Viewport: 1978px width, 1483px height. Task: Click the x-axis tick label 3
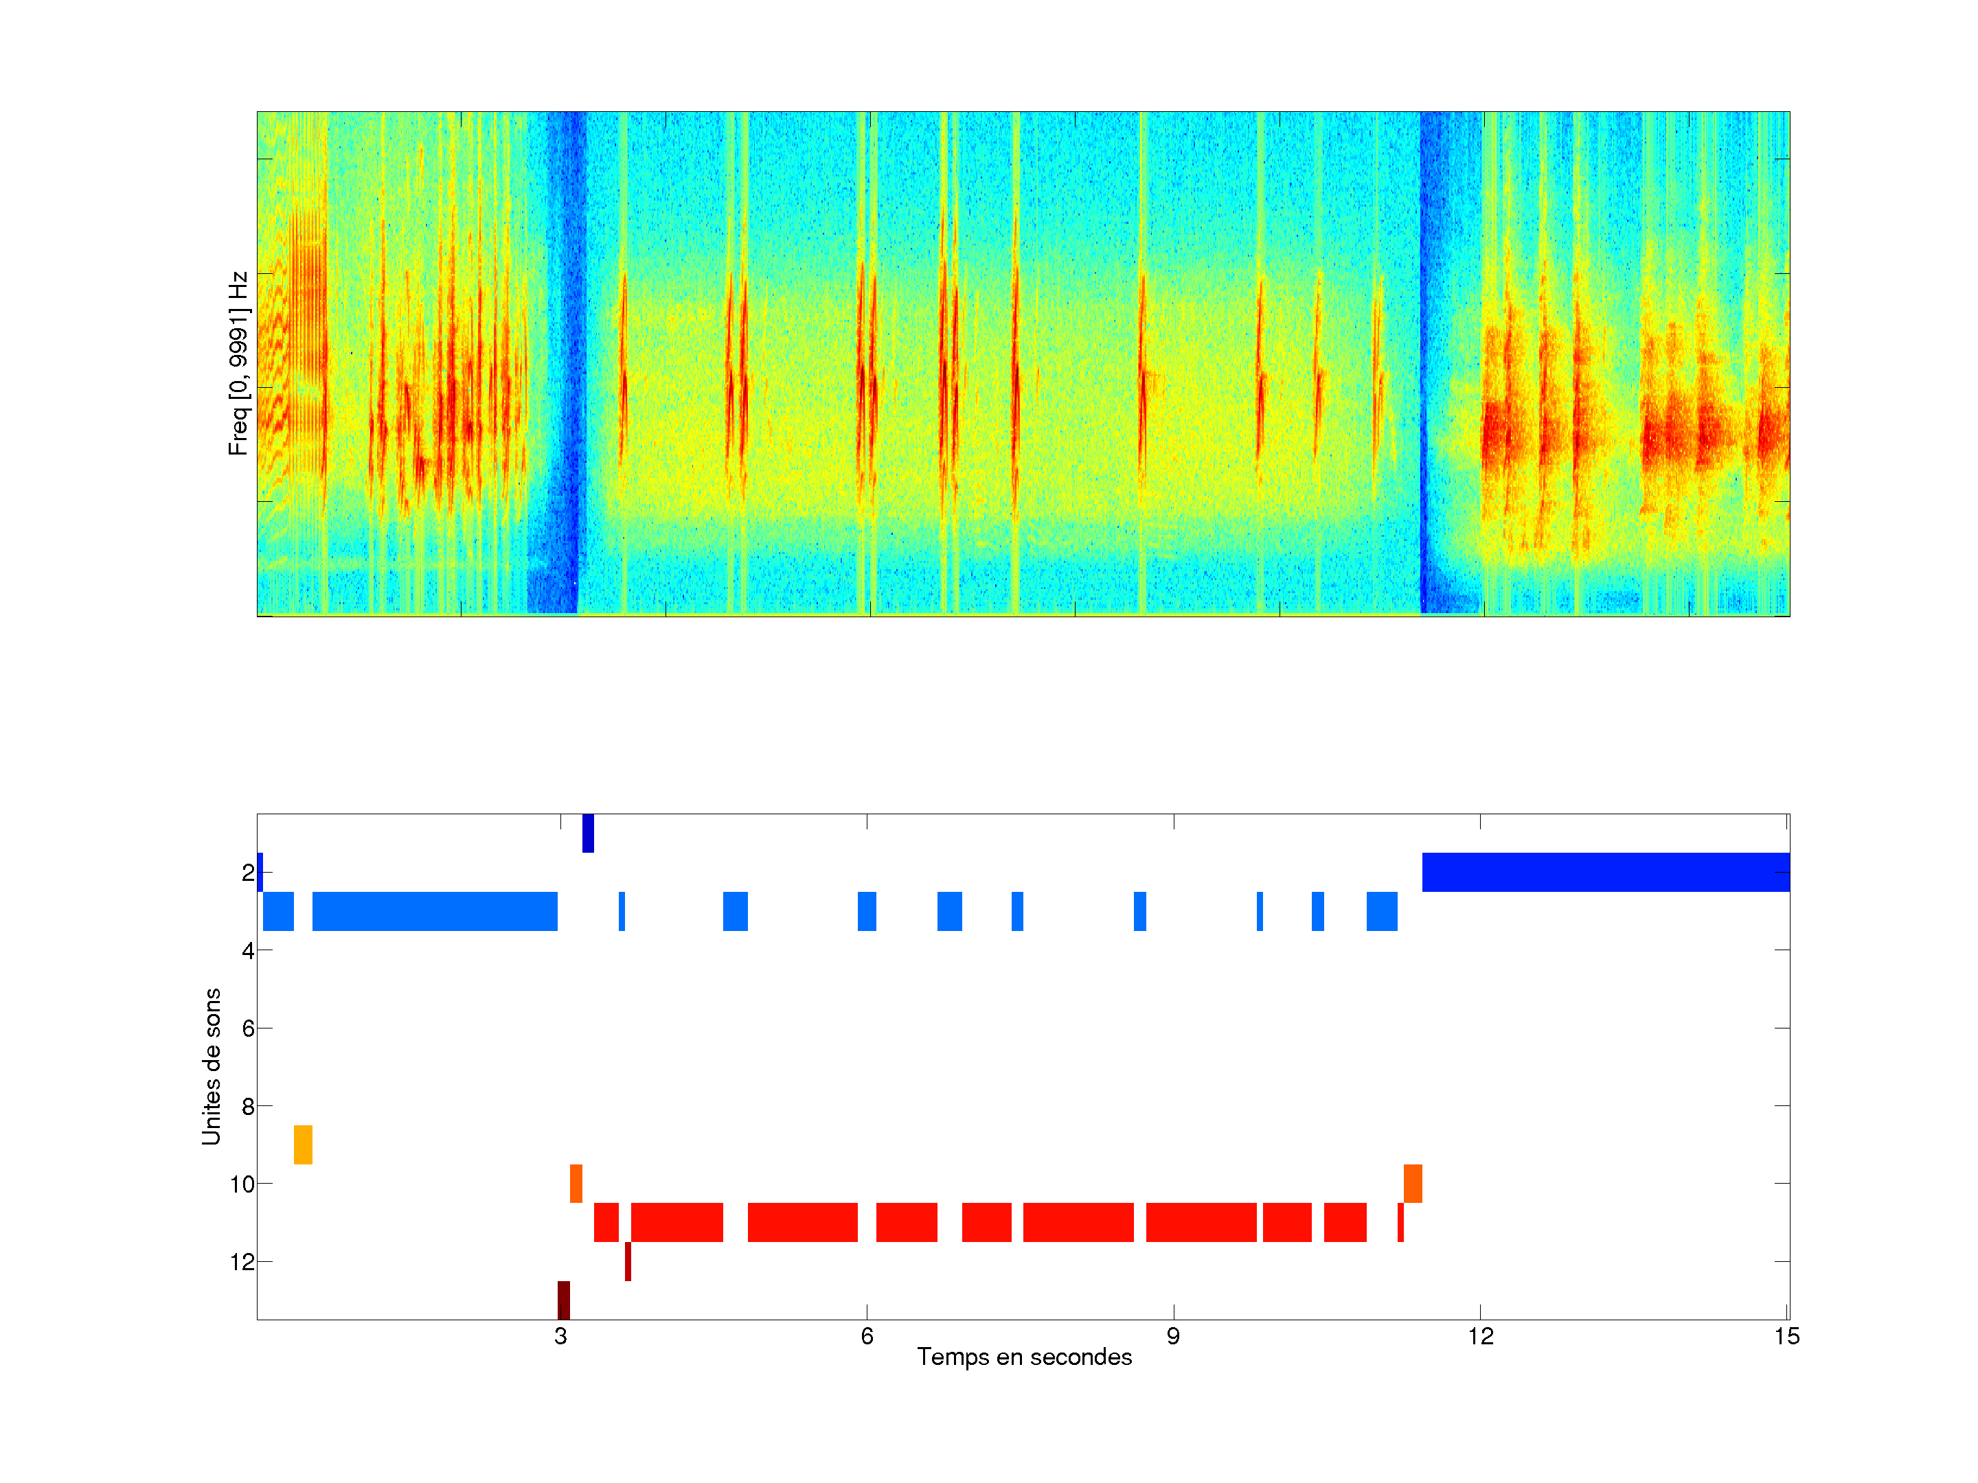click(560, 1336)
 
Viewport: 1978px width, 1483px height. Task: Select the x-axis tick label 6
click(867, 1336)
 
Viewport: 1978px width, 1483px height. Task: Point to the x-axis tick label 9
click(1173, 1336)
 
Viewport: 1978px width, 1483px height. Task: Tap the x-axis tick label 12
click(1480, 1336)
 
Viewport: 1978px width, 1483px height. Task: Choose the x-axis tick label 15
click(1786, 1336)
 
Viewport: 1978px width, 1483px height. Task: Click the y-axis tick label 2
click(248, 873)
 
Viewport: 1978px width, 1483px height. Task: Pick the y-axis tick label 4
click(248, 951)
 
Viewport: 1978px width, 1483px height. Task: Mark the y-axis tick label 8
click(248, 1107)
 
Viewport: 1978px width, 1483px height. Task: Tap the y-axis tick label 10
click(242, 1184)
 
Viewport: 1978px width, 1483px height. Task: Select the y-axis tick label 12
click(242, 1262)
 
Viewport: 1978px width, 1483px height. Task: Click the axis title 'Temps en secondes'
click(1024, 1357)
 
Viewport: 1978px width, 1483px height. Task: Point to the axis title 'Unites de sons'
click(211, 1066)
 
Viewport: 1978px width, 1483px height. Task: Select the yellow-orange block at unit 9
click(303, 1145)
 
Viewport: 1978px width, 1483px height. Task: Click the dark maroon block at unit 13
click(563, 1300)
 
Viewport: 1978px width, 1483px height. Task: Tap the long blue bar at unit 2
click(1605, 873)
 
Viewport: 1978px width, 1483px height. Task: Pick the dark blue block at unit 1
click(587, 833)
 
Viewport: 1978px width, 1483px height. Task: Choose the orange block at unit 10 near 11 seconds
click(1412, 1184)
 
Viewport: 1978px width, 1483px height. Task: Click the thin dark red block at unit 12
click(628, 1261)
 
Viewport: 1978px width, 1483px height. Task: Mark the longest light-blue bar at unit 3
click(435, 911)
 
